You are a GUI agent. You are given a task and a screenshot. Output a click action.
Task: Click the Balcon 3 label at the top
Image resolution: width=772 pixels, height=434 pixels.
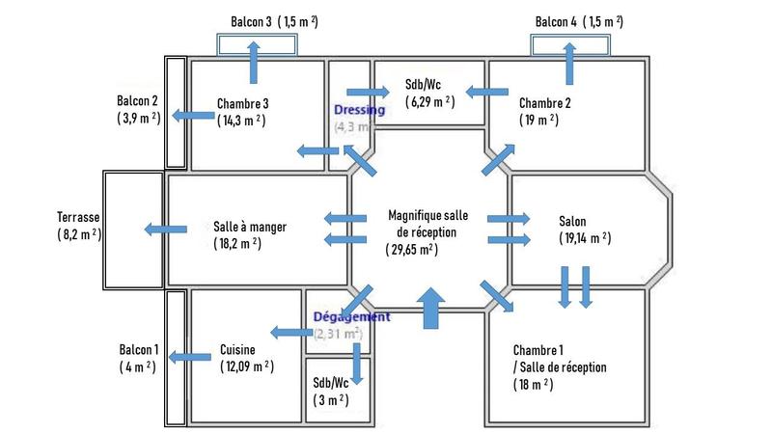[x=252, y=21]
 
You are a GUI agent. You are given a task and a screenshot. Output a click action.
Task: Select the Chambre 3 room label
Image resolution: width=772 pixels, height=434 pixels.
[x=243, y=103]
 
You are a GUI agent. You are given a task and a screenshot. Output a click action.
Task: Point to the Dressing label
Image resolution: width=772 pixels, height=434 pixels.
[x=359, y=110]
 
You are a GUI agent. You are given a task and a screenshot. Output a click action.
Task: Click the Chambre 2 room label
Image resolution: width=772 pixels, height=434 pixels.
[x=545, y=103]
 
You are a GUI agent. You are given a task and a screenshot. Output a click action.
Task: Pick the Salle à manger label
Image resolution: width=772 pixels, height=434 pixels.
[x=250, y=227]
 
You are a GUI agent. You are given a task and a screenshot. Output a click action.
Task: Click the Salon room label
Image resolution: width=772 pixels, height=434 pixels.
[x=572, y=221]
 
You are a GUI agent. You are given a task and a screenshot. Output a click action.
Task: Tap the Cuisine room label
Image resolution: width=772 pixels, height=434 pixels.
[x=238, y=350]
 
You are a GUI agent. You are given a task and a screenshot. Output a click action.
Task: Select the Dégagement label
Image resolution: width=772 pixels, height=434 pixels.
[x=351, y=316]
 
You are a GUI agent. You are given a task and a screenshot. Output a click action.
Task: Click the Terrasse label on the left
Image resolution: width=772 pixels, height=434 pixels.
[x=78, y=218]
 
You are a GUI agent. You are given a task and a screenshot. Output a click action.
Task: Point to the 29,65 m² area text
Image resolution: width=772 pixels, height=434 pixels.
[x=411, y=249]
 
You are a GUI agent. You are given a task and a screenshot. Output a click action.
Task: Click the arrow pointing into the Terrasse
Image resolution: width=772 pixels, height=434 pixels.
[x=166, y=229]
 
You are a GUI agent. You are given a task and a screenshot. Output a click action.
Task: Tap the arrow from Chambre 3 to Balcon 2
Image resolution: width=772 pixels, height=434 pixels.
[x=193, y=117]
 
